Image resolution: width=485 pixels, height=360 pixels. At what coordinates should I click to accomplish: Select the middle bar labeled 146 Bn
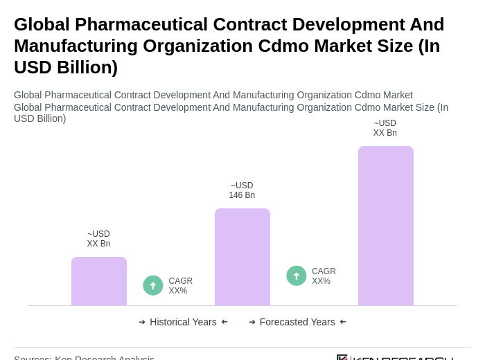tap(242, 257)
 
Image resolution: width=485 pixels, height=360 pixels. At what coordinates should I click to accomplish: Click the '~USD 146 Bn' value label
tap(242, 190)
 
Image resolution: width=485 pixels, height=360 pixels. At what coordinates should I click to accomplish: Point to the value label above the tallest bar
tap(385, 128)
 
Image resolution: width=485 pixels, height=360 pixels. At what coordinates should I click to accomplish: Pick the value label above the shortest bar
tap(98, 239)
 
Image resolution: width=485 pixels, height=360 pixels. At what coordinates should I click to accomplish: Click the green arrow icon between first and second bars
tap(153, 285)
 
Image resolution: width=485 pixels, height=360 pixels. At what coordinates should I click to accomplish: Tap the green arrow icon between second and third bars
tap(297, 276)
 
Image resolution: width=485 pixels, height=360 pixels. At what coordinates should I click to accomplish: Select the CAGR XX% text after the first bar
tap(181, 286)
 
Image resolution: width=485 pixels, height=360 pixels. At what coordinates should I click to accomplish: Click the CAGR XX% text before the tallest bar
tap(324, 276)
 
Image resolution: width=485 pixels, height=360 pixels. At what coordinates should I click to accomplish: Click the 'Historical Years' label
tap(183, 322)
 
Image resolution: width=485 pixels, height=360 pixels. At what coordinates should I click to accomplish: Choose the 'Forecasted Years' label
tap(297, 322)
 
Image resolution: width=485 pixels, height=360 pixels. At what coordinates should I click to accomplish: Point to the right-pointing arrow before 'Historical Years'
tap(142, 322)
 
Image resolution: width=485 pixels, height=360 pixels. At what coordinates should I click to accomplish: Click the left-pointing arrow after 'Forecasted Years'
tap(343, 322)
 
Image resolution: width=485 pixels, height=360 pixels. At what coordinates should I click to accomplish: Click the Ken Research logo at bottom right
tap(395, 357)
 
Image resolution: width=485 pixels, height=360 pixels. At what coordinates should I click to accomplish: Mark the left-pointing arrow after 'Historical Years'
tap(224, 322)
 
